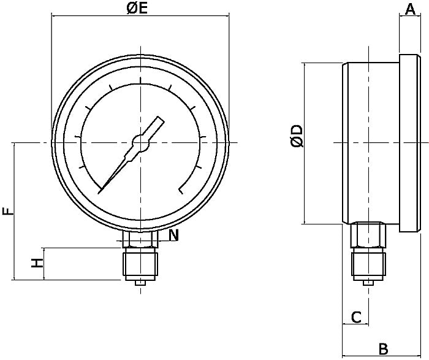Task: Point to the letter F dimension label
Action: coord(7,212)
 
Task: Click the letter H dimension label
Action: coord(38,263)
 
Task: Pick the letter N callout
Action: coord(174,234)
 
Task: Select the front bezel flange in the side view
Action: coord(410,143)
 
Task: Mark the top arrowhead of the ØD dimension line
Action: coord(305,65)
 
